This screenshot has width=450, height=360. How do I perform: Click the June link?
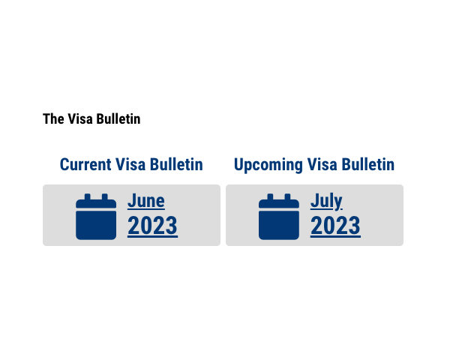(146, 201)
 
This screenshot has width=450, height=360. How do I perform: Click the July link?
(326, 202)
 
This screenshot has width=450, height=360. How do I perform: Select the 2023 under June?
(152, 226)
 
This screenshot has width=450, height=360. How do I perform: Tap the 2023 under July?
(335, 226)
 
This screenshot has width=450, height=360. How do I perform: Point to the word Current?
(85, 164)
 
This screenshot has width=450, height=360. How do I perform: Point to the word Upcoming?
(268, 165)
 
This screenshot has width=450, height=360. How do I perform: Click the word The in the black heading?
(53, 118)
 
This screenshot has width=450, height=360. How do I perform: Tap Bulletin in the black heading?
(118, 118)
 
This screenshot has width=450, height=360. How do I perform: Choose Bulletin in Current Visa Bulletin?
(176, 164)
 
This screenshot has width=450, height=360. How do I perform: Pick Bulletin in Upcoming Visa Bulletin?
(368, 164)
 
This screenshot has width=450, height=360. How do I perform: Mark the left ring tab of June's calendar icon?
(88, 196)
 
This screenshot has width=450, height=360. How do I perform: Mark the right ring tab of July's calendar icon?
(287, 196)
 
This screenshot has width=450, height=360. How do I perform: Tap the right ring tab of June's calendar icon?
(105, 196)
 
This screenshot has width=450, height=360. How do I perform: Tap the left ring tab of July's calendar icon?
(270, 196)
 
